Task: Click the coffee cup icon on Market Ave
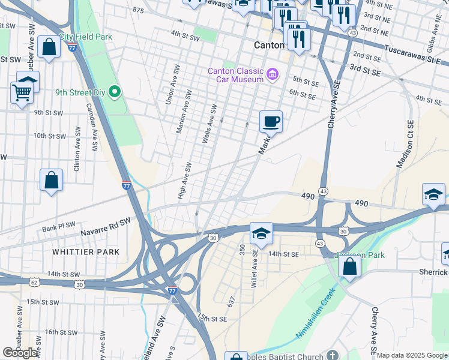271,121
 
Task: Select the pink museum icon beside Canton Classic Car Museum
273,74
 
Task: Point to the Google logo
20,353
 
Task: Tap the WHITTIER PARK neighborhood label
86,252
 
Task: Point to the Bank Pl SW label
59,227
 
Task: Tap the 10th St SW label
49,136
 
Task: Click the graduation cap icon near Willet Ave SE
261,233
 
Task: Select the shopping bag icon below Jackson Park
349,266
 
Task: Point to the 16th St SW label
59,332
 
